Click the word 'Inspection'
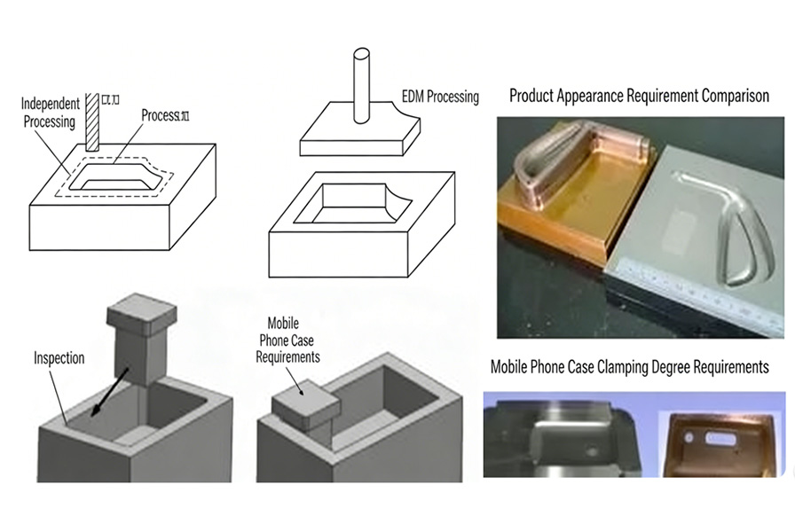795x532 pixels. tap(59, 359)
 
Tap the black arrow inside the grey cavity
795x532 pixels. tap(106, 391)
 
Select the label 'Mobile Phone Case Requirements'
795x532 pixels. tap(287, 341)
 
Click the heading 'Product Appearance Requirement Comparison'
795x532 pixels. tap(638, 96)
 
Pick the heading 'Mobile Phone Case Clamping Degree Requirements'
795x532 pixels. tap(629, 366)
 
